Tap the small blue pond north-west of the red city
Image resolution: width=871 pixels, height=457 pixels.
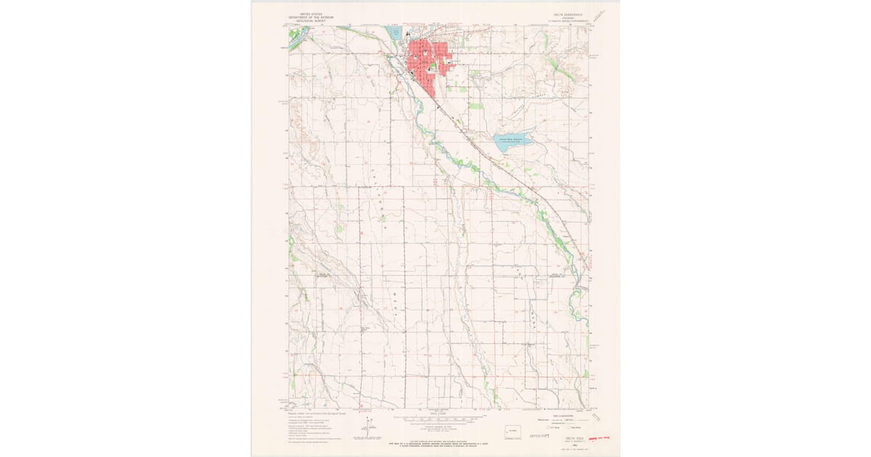[x=394, y=33]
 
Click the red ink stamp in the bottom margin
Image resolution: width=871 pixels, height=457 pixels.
[x=599, y=438]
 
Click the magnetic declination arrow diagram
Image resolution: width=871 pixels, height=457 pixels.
[x=369, y=428]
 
